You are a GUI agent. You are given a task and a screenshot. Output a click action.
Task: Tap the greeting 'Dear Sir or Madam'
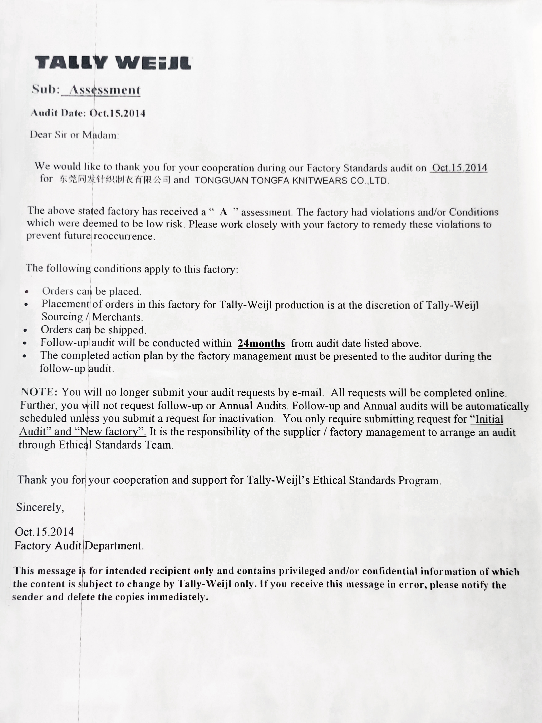(74, 135)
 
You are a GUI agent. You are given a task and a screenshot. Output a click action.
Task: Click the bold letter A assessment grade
(223, 212)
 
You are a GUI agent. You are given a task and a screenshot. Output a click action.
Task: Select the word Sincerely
(40, 507)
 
